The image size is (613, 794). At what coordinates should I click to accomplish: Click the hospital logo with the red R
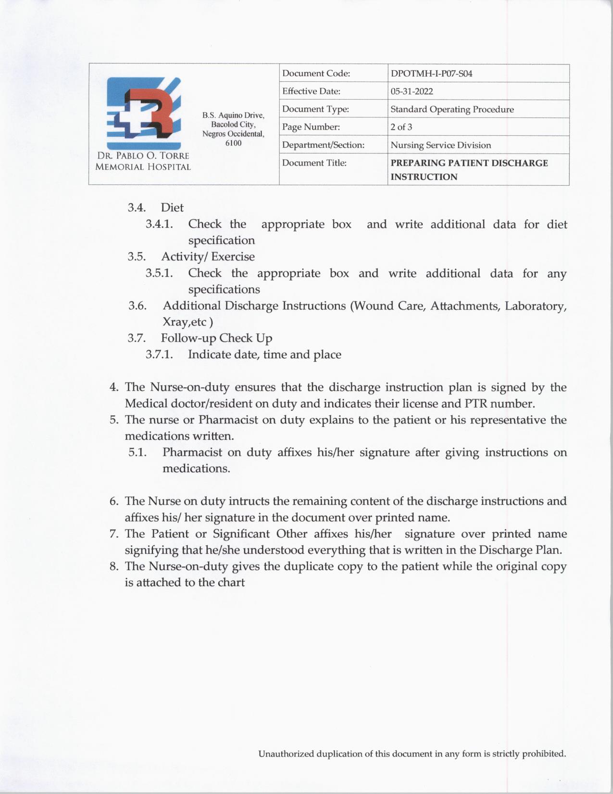click(144, 113)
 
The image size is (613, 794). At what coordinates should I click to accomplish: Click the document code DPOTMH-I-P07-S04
click(431, 74)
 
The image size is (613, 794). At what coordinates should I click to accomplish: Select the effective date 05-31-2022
click(412, 91)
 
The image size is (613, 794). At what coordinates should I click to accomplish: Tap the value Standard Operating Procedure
click(452, 109)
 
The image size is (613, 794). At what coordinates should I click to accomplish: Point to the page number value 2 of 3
click(401, 127)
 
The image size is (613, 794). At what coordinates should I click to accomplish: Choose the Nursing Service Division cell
click(440, 145)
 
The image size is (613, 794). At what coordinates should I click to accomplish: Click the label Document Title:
click(314, 163)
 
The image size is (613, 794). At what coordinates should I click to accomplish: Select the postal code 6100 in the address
click(233, 143)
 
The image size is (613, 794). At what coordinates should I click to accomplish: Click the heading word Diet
click(172, 207)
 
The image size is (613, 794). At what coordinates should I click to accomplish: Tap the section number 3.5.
click(137, 256)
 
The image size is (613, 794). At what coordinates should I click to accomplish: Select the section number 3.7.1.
click(159, 355)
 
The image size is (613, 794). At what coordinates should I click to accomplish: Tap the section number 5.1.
click(138, 452)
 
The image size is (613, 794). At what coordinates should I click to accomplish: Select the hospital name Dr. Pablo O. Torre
click(143, 156)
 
